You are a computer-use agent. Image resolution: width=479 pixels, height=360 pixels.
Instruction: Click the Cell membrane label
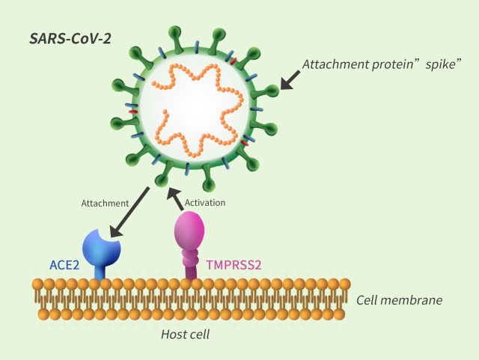point(399,300)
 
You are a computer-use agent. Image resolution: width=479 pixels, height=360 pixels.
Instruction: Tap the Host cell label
point(185,333)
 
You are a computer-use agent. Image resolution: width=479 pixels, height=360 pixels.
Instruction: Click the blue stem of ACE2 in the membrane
point(100,272)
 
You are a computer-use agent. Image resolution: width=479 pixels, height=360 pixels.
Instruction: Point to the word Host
point(172,333)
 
